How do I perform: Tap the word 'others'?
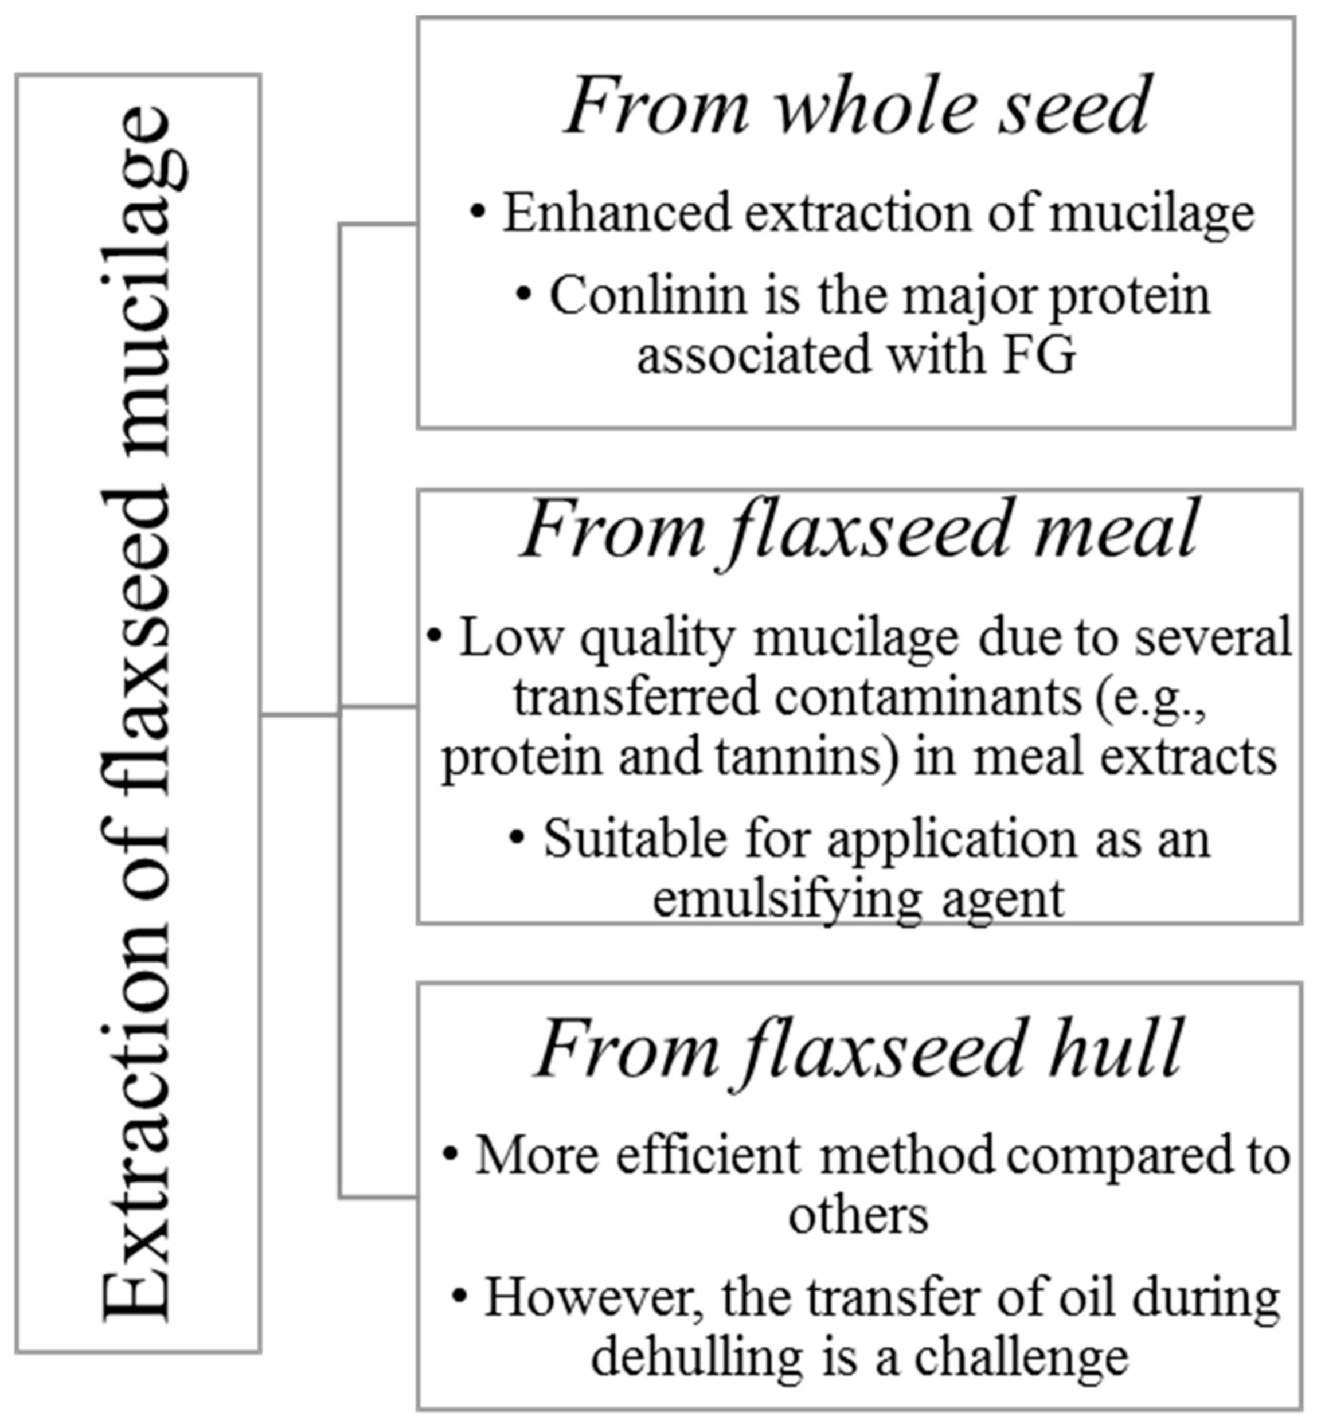(858, 1215)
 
